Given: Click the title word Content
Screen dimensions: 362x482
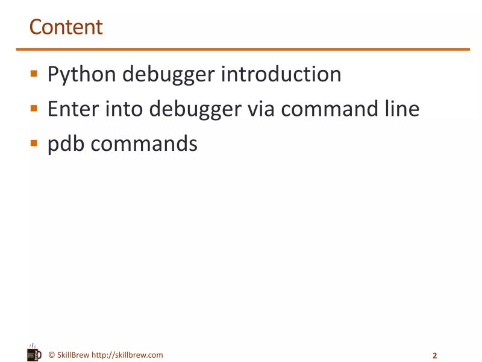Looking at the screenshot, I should pyautogui.click(x=66, y=27).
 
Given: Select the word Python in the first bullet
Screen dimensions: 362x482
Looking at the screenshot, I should pyautogui.click(x=81, y=75).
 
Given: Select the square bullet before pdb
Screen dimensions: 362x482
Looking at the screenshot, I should pyautogui.click(x=34, y=144).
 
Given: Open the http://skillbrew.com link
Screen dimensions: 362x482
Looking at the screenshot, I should pyautogui.click(x=127, y=355).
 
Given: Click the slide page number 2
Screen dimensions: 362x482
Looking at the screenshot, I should pyautogui.click(x=434, y=355).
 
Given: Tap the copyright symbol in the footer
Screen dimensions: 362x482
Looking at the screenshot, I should pyautogui.click(x=51, y=355).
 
